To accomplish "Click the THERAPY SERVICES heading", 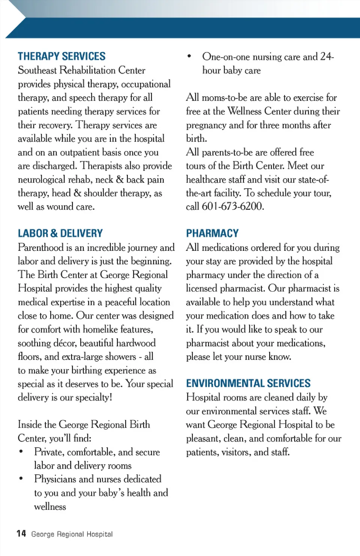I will (x=61, y=56).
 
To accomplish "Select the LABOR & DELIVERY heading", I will (x=60, y=233).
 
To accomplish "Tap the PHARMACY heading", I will (x=212, y=233).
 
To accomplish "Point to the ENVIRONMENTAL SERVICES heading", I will (x=248, y=383).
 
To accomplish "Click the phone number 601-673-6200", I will (x=232, y=207).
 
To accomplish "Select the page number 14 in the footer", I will (x=21, y=534).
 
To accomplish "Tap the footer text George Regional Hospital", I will (x=72, y=534).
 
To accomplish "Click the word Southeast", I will (x=37, y=70).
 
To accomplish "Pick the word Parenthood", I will (x=40, y=247).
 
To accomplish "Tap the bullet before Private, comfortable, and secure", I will (x=21, y=451).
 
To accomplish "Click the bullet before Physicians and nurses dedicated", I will (x=21, y=479).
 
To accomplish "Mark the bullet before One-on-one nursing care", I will (x=189, y=56).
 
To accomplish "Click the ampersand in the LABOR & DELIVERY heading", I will (x=54, y=233).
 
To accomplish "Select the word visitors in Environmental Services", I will (x=235, y=452).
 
